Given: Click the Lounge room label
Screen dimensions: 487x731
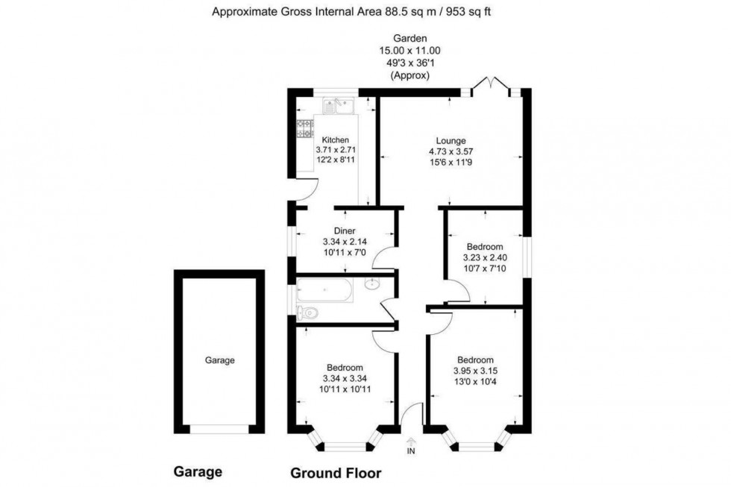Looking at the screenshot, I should coord(451,140).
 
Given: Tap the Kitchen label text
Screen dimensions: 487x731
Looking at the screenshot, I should coord(335,139).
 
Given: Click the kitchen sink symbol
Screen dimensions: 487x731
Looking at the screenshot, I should coord(339,106).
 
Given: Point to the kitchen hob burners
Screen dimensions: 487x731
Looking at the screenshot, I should coord(306,128).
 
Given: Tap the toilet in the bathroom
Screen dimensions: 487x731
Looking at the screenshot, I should coord(307,312).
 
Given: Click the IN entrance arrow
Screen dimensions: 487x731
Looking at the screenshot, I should coord(410,442).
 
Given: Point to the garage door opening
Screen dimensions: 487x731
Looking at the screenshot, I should coord(219,429).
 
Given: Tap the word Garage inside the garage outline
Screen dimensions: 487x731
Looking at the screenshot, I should coord(220,360).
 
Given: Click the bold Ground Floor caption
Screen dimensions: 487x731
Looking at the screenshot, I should coord(335,473).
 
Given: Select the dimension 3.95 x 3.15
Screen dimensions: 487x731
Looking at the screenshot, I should coord(474,371).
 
